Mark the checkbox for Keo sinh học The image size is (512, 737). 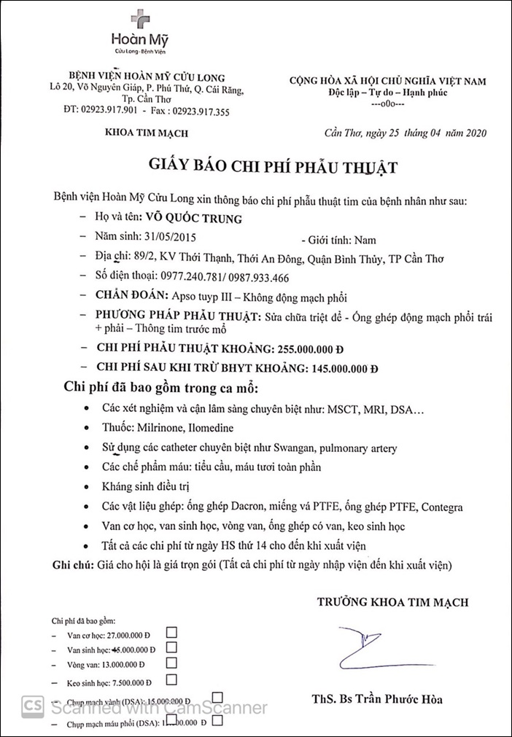[x=171, y=680]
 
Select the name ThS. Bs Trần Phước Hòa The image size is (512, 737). [x=376, y=700]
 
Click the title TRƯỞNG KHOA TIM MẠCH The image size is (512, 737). [x=392, y=602]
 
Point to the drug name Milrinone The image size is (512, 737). [x=165, y=429]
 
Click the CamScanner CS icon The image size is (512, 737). [x=31, y=706]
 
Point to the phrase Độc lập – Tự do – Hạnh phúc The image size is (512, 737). [x=388, y=92]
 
